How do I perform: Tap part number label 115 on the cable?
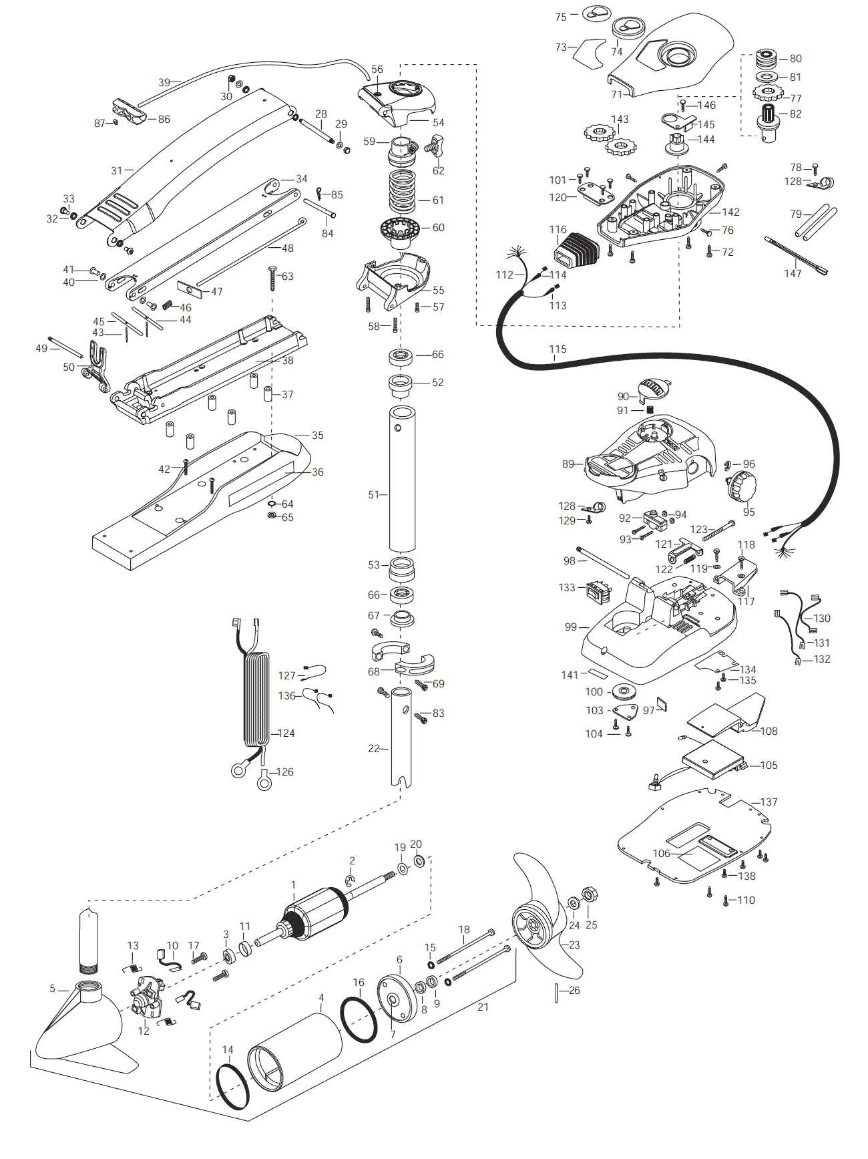click(x=558, y=349)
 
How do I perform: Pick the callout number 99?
click(x=571, y=627)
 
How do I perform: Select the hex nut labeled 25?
click(x=590, y=894)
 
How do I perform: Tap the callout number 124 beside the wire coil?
click(x=286, y=733)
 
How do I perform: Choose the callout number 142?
click(x=731, y=212)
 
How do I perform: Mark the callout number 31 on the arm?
click(x=117, y=170)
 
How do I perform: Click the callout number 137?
click(x=769, y=802)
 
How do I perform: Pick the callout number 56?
click(x=377, y=69)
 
